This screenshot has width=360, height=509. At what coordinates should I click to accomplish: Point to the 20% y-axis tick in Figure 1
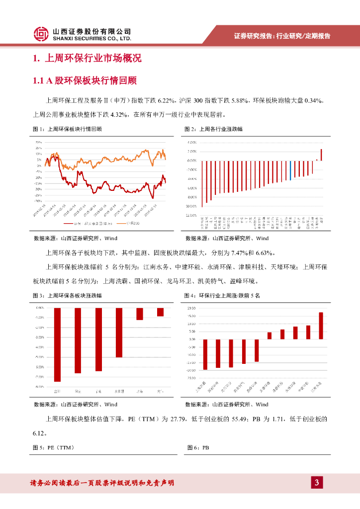38,142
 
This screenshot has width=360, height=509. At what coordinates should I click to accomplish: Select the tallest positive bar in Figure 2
321,155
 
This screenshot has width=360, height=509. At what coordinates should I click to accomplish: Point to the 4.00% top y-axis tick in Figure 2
191,143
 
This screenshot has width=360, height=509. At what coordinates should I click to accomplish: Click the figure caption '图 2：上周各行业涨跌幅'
213,129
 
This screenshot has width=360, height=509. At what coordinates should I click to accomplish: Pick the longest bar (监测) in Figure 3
57,344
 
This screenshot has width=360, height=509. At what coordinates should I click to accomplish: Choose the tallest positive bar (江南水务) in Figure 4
321,326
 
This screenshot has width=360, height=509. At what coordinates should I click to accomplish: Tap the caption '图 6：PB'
198,448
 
